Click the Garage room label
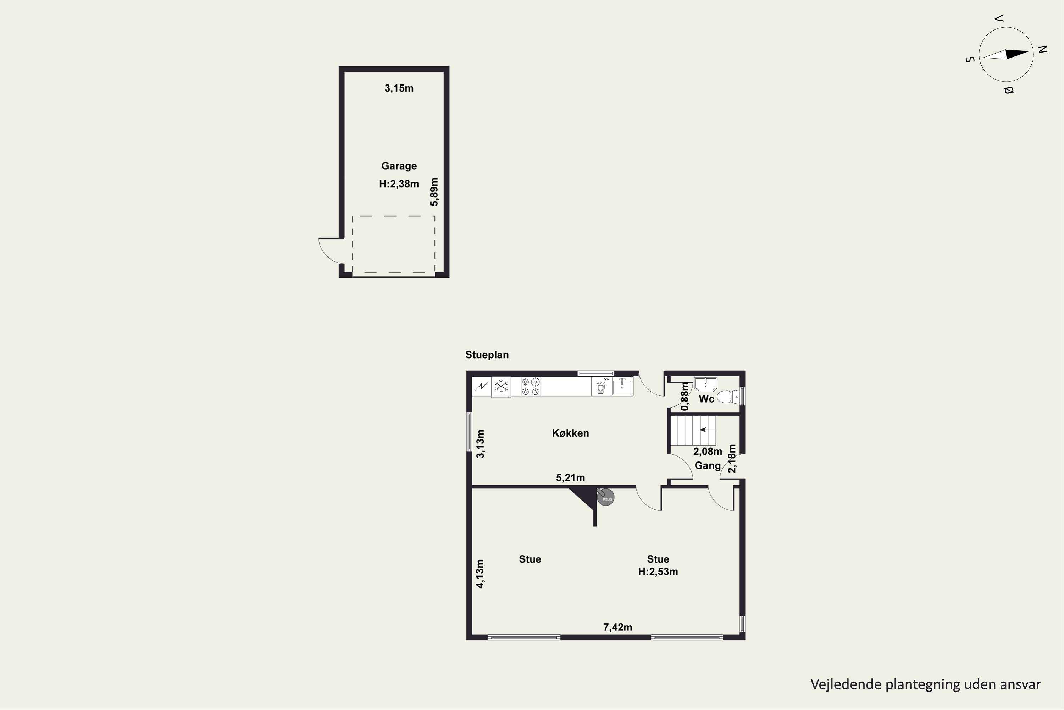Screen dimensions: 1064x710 pos(399,166)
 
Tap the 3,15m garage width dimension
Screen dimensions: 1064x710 pos(399,88)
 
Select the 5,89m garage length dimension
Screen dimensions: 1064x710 pos(434,192)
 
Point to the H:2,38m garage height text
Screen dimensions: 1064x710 pos(399,184)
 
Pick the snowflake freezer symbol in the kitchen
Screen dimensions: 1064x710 pos(501,387)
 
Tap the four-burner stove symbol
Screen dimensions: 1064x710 pos(531,387)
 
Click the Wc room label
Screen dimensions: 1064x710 pos(706,399)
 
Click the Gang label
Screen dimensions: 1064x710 pos(708,465)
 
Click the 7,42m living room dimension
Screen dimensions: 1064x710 pos(618,627)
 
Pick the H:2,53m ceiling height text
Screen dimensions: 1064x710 pos(658,572)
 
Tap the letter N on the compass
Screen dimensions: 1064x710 pos(1042,50)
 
